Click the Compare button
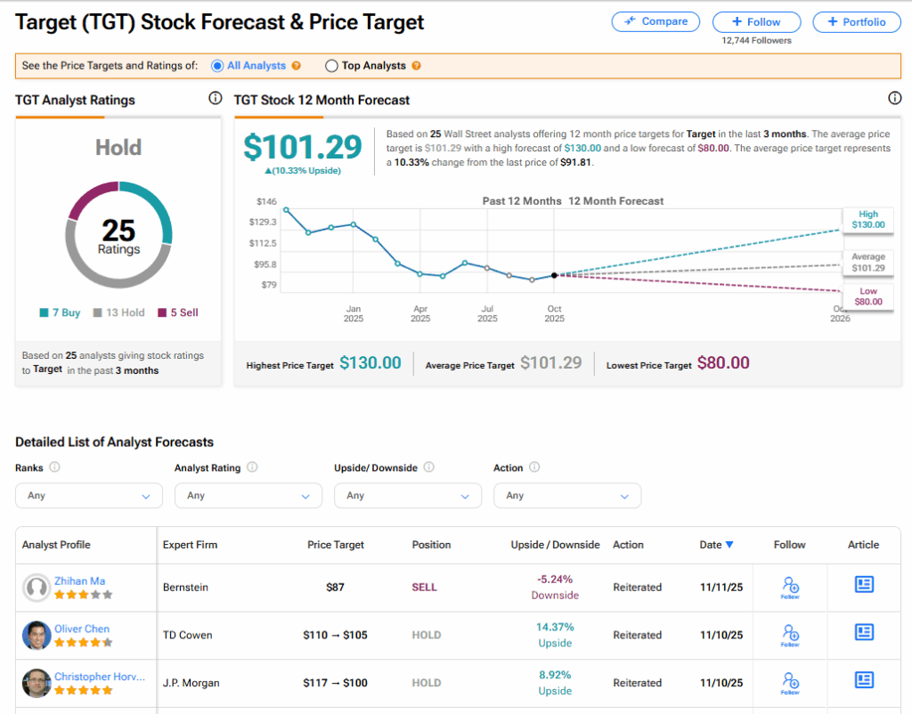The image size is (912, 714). [x=655, y=21]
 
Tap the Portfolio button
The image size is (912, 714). [x=856, y=22]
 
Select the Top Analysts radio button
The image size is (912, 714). [x=332, y=66]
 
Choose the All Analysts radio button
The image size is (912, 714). [x=217, y=66]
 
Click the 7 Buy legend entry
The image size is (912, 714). [x=61, y=312]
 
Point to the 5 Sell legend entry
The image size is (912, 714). [x=178, y=312]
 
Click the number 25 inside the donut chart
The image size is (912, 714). [x=118, y=231]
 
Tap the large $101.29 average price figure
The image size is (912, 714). [x=303, y=147]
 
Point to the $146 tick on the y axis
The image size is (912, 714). [x=266, y=201]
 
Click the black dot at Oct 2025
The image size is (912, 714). [x=554, y=275]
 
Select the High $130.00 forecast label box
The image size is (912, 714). [x=868, y=219]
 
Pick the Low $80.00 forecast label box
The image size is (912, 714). [x=868, y=296]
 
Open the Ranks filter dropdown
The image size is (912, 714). [x=89, y=495]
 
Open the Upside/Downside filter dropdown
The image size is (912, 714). [x=407, y=495]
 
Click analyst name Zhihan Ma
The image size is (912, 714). [x=79, y=580]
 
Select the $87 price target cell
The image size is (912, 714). [x=335, y=588]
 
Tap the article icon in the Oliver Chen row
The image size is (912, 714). [x=863, y=632]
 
